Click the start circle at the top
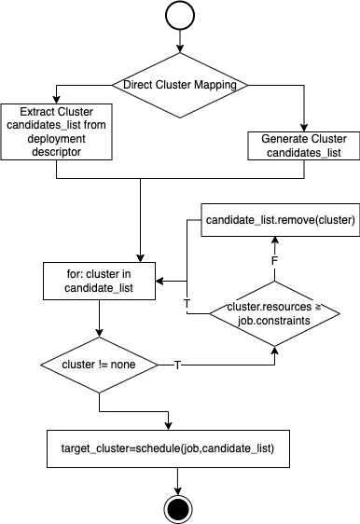click(x=180, y=16)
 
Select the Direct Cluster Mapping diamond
click(x=180, y=85)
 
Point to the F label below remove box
click(x=274, y=260)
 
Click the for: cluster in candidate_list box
click(x=99, y=281)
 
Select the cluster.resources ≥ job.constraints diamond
click(x=271, y=311)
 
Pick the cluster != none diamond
click(x=97, y=365)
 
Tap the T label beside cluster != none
click(x=177, y=365)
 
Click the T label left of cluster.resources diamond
click(x=187, y=304)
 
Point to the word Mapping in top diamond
click(x=214, y=85)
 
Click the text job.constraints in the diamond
click(x=271, y=319)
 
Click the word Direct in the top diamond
click(x=141, y=85)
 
